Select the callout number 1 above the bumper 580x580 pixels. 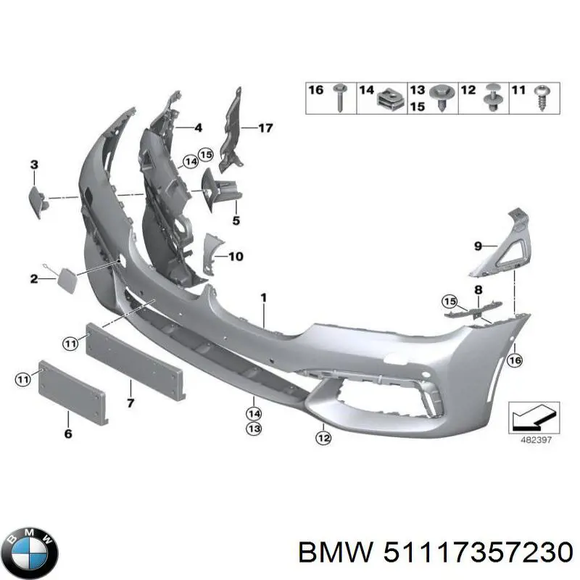coord(264,297)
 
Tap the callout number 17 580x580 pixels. coord(265,128)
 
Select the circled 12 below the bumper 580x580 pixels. coord(323,436)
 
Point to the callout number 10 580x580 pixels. coord(236,256)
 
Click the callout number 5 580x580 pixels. coord(236,220)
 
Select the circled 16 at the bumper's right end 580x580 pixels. coord(515,360)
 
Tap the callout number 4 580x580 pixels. coord(198,128)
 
